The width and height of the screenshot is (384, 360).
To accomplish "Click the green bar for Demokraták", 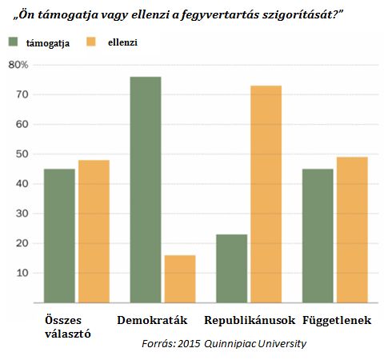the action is click(146, 190).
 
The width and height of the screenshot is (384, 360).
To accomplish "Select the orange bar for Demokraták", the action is click(180, 279).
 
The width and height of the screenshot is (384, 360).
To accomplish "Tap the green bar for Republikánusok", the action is click(232, 269).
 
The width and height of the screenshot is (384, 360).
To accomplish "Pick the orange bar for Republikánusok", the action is click(266, 194).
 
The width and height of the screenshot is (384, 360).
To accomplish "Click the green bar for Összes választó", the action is click(59, 236).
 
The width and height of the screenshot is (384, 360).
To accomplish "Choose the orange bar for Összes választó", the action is click(94, 231).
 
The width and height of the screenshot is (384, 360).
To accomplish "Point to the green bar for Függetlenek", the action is click(318, 236).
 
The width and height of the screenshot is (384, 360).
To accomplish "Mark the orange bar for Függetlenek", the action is click(352, 230).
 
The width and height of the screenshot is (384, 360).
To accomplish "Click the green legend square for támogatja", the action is click(13, 42).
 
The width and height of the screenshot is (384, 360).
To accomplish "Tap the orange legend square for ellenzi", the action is click(91, 42).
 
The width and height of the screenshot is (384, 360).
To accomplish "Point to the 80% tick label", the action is click(18, 65).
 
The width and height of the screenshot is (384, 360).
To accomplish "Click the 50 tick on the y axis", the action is click(22, 154).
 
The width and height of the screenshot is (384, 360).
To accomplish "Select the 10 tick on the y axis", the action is click(22, 273).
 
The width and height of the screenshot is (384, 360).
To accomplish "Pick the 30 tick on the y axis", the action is click(22, 214).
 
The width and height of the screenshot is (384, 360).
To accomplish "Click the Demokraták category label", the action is click(152, 320).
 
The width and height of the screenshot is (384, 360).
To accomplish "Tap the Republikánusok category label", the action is click(250, 320).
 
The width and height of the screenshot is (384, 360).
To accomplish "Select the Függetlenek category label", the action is click(337, 320).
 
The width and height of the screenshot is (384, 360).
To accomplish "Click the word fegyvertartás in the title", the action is click(219, 15).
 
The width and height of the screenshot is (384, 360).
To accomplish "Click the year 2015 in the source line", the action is click(189, 343).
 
